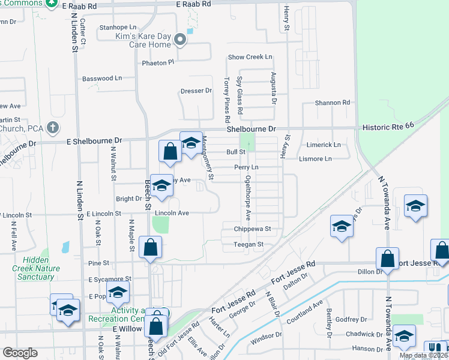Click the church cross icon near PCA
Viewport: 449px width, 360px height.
(53, 127)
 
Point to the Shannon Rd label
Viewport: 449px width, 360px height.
(332, 103)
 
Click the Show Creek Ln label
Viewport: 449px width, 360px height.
(250, 57)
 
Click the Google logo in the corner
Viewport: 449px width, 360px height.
(20, 352)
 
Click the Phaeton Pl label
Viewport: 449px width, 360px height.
(157, 62)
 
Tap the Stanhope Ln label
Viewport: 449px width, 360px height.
(118, 27)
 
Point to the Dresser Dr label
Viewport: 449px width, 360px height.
(196, 91)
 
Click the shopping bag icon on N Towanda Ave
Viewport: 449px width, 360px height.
(387, 258)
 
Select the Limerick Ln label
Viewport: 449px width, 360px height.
(324, 145)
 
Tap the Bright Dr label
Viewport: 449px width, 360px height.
(128, 199)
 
